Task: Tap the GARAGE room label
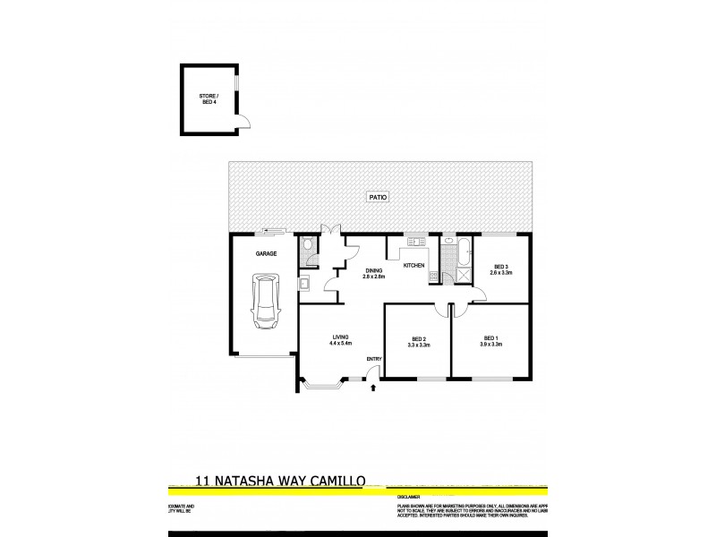click(x=266, y=254)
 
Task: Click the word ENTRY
click(x=373, y=360)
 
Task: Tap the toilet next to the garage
click(x=308, y=243)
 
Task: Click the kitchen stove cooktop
click(x=433, y=276)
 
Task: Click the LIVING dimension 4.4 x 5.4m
click(x=340, y=343)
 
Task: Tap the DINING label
click(x=373, y=270)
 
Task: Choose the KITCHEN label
click(x=413, y=265)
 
